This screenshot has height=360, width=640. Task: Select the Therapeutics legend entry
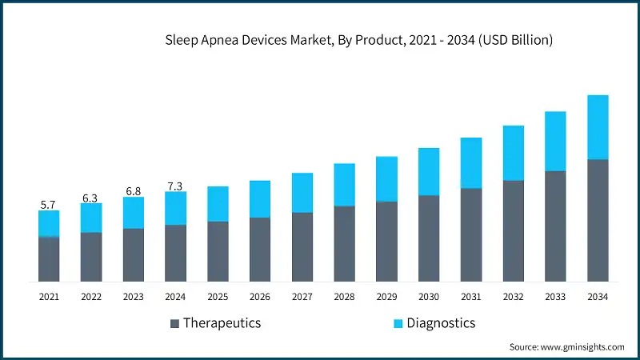click(215, 323)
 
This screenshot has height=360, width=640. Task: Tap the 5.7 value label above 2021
click(49, 205)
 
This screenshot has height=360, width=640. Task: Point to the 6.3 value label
click(91, 198)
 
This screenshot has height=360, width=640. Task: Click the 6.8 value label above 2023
click(134, 191)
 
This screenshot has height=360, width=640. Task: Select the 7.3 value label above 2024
click(175, 186)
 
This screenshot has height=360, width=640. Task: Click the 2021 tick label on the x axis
click(49, 297)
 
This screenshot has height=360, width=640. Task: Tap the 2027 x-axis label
click(302, 297)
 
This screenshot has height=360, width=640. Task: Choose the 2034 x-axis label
click(598, 297)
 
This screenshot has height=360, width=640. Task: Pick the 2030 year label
click(429, 297)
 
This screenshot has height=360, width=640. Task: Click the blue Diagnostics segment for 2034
click(598, 127)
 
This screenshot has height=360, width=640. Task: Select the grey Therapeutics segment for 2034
click(598, 220)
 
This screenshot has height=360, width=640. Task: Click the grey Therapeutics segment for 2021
click(49, 259)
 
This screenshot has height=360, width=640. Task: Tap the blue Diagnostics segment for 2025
click(218, 204)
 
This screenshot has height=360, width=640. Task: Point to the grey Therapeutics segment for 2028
click(344, 243)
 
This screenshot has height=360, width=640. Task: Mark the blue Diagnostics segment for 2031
click(471, 163)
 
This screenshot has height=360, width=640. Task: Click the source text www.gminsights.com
click(566, 346)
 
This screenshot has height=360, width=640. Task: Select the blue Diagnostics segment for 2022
click(91, 218)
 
